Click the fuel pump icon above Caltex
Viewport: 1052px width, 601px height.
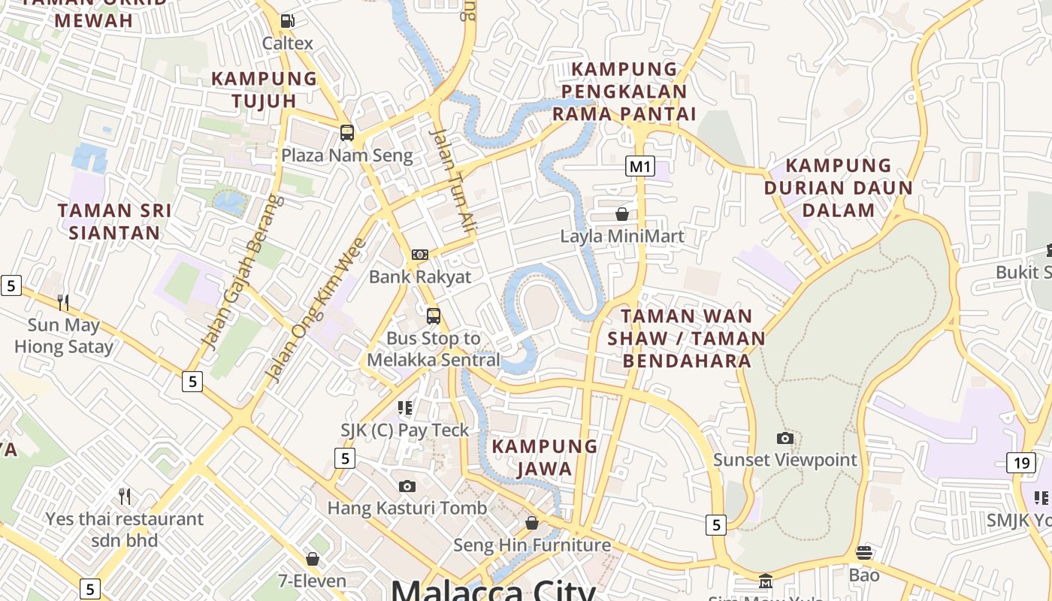(287, 21)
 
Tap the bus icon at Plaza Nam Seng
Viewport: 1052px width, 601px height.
(346, 133)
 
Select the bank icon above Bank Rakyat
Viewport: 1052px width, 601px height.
(420, 255)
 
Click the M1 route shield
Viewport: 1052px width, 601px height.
(639, 166)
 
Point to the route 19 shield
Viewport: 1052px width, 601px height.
(1021, 463)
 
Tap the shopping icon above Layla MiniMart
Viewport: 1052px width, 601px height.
(622, 214)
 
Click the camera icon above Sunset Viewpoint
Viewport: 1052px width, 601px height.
(784, 438)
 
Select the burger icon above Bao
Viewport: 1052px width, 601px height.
(864, 553)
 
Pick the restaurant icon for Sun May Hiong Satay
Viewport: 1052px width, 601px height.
(63, 302)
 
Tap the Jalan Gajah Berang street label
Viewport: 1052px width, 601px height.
(244, 272)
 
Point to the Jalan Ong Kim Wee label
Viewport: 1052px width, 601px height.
(316, 310)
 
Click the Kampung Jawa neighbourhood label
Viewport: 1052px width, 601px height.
(545, 458)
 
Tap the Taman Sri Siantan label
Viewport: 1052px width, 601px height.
(114, 222)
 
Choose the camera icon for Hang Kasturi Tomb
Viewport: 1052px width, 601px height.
(407, 486)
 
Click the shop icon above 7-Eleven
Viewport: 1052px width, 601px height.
(313, 559)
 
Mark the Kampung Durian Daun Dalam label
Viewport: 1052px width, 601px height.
(838, 188)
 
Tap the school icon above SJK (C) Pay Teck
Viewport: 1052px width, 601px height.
(405, 408)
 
